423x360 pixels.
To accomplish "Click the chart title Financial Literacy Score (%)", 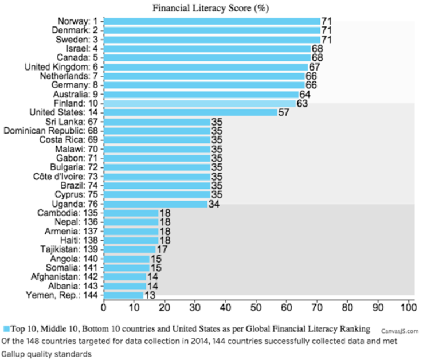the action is click(210, 8).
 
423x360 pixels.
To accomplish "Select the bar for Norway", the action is click(212, 21).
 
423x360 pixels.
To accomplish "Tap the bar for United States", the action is click(190, 112).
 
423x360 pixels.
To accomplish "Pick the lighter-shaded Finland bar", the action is click(200, 103).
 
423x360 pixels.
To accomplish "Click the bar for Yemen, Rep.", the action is click(124, 295).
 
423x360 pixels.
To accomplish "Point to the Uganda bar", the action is click(156, 204).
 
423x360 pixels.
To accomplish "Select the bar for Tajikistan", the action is click(130, 249).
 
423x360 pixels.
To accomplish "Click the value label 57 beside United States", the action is click(284, 112).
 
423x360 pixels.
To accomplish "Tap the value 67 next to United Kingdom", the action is click(314, 67).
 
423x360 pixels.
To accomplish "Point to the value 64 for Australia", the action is click(305, 95).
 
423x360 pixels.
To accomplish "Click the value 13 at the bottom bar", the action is click(150, 295).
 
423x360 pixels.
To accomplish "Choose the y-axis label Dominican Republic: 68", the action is click(50, 131).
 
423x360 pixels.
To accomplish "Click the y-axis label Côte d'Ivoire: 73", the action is click(65, 177).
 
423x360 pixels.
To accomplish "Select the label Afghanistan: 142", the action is click(64, 277).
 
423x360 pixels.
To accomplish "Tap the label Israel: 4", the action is click(82, 49).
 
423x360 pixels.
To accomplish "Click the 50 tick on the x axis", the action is click(256, 307).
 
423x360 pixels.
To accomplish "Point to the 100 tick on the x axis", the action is click(409, 307).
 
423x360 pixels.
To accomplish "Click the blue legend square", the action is click(6, 329).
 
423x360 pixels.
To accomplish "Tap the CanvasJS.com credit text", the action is click(400, 331).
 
